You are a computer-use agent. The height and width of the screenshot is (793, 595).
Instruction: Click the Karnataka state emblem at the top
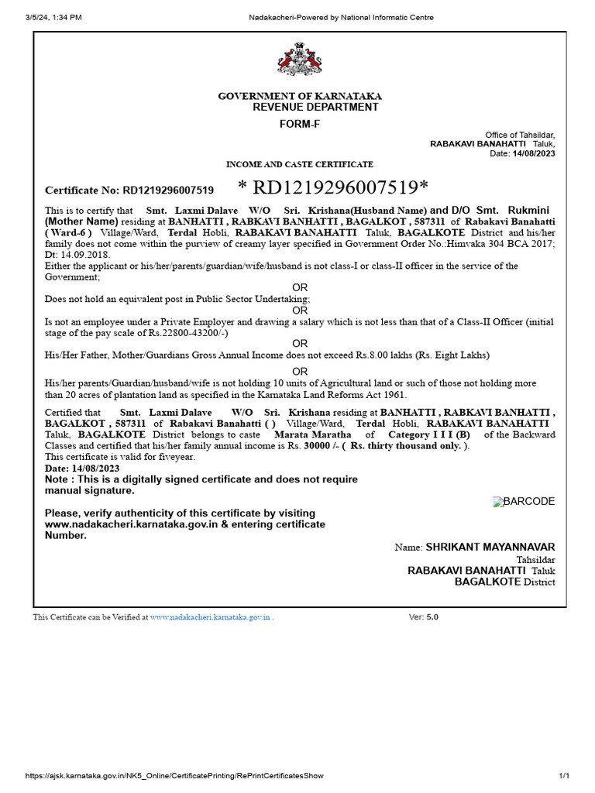[x=298, y=60]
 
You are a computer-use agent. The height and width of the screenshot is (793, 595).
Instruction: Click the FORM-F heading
[x=298, y=124]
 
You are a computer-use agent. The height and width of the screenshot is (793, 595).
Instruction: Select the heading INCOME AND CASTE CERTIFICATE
[x=299, y=164]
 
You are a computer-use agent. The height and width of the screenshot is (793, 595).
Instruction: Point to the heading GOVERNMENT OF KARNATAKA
[x=299, y=96]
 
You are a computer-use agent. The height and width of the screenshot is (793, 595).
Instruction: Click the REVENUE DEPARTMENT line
[x=315, y=108]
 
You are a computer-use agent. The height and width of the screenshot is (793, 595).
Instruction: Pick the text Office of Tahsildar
[x=520, y=135]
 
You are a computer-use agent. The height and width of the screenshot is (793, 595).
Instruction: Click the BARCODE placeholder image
[x=524, y=502]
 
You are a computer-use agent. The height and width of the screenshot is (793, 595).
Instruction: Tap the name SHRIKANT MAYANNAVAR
[x=490, y=548]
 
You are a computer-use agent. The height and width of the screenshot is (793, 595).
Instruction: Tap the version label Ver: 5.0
[x=423, y=618]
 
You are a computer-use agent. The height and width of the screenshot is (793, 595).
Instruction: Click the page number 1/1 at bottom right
[x=564, y=776]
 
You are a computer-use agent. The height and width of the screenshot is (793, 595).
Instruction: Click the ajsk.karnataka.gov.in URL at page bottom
[x=174, y=776]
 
